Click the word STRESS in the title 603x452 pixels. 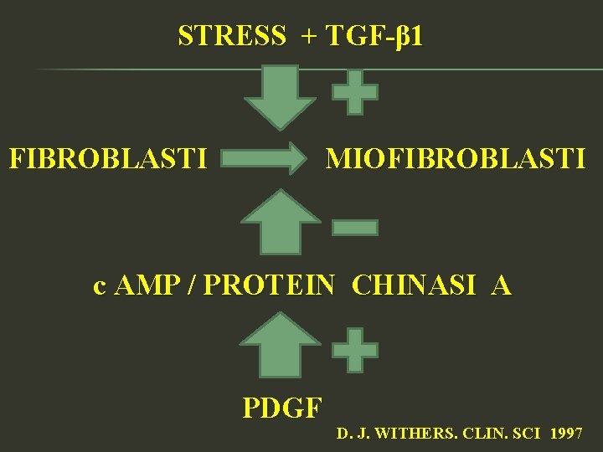click(x=232, y=36)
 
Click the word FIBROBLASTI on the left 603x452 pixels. click(x=108, y=157)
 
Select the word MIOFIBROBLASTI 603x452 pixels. click(x=456, y=157)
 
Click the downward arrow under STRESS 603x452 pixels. click(x=280, y=95)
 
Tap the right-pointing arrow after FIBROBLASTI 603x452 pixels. click(x=266, y=157)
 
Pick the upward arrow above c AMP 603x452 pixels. click(x=280, y=222)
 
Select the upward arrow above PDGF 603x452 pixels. click(x=280, y=345)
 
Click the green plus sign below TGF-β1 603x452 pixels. click(x=354, y=92)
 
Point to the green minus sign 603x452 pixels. click(x=354, y=227)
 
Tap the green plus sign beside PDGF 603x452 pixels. click(x=354, y=350)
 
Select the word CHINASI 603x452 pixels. click(x=415, y=286)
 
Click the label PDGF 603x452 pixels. click(x=282, y=408)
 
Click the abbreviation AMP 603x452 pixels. click(x=147, y=286)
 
